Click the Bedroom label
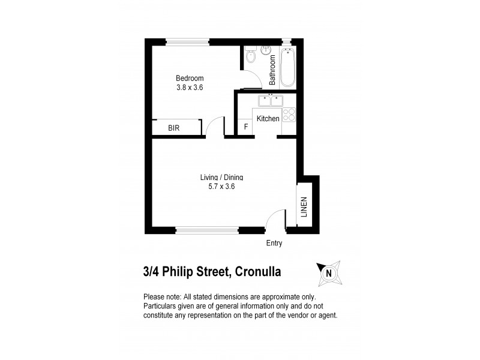[190, 78]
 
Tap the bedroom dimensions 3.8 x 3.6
[190, 88]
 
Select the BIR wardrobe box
[175, 128]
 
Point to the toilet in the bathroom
[251, 56]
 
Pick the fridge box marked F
[245, 128]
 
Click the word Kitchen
[268, 119]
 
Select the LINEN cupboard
[304, 207]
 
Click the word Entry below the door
[274, 244]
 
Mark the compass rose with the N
[328, 274]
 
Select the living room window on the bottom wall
[207, 229]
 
